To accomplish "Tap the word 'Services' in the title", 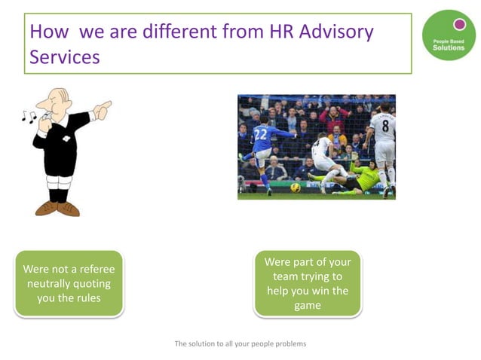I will [x=65, y=57].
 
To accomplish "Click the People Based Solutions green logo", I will [x=449, y=35].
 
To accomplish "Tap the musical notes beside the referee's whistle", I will [x=29, y=117].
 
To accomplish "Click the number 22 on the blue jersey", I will [x=261, y=133].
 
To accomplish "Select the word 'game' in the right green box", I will [x=308, y=305].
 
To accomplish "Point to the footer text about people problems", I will [x=240, y=343].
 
